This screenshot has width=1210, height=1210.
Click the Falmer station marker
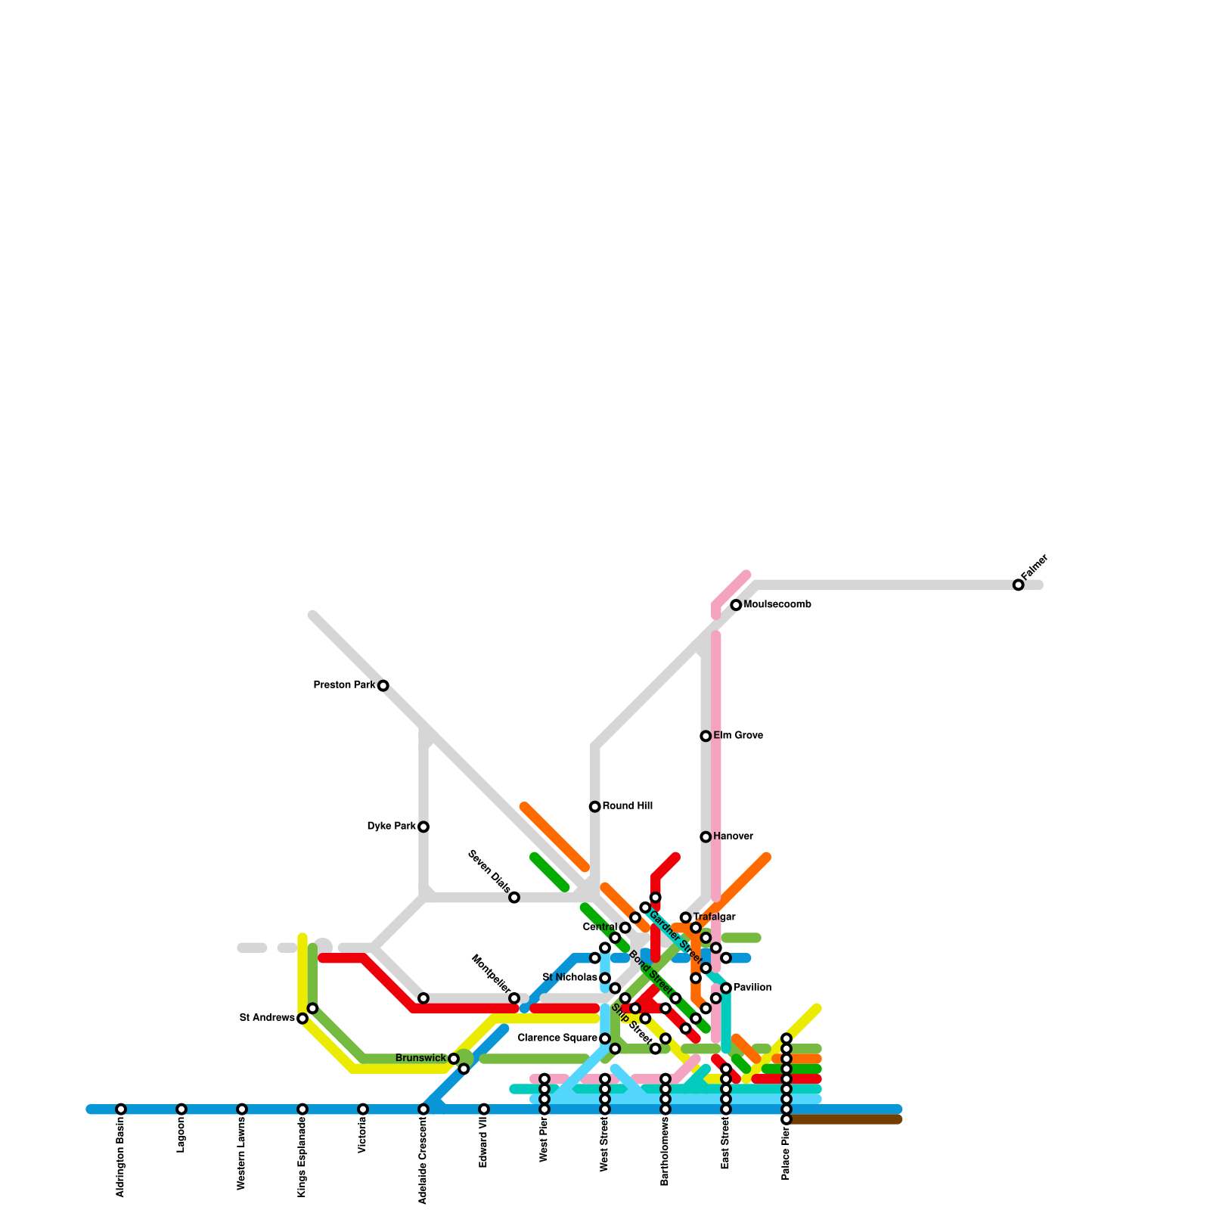pyautogui.click(x=1018, y=585)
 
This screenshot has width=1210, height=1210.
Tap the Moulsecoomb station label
pyautogui.click(x=777, y=605)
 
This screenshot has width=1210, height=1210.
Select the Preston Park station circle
pyautogui.click(x=383, y=686)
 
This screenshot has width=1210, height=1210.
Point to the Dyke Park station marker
pyautogui.click(x=423, y=827)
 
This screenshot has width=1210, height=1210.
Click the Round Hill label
pyautogui.click(x=628, y=806)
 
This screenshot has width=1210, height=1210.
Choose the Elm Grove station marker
pyautogui.click(x=706, y=736)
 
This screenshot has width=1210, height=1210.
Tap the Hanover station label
pyautogui.click(x=733, y=836)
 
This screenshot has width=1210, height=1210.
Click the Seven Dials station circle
pyautogui.click(x=514, y=898)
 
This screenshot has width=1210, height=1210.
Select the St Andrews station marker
pyautogui.click(x=302, y=1019)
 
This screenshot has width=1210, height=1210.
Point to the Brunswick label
pyautogui.click(x=420, y=1058)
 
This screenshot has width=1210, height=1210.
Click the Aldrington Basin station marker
pyautogui.click(x=121, y=1109)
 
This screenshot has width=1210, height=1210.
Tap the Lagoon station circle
pyautogui.click(x=181, y=1109)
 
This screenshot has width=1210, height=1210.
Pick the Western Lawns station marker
pyautogui.click(x=242, y=1109)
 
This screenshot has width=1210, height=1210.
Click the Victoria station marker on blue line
pyautogui.click(x=363, y=1109)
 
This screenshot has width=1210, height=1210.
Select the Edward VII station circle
pyautogui.click(x=484, y=1109)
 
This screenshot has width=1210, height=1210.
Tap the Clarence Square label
pyautogui.click(x=557, y=1038)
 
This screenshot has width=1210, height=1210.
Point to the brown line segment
pyautogui.click(x=847, y=1119)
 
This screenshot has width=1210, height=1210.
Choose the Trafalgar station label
pyautogui.click(x=714, y=917)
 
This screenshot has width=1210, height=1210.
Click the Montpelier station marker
pyautogui.click(x=514, y=998)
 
